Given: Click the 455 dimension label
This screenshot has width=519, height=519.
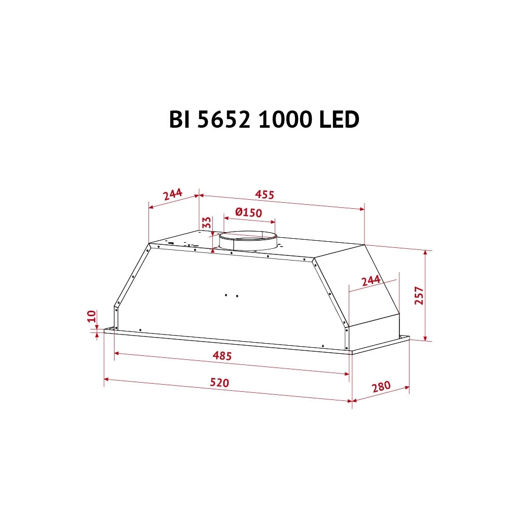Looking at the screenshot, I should pyautogui.click(x=265, y=195).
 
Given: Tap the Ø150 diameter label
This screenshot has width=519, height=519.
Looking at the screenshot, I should pyautogui.click(x=249, y=212).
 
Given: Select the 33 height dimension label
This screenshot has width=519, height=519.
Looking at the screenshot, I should pyautogui.click(x=206, y=223).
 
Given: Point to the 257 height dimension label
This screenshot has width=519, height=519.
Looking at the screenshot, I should pyautogui.click(x=419, y=295).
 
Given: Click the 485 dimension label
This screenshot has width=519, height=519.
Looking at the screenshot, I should pyautogui.click(x=222, y=356).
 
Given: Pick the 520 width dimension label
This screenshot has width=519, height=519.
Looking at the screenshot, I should pyautogui.click(x=219, y=383).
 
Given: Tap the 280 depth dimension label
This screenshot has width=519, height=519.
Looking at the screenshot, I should pyautogui.click(x=381, y=387).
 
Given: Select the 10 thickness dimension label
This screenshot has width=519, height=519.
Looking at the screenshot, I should pyautogui.click(x=92, y=317).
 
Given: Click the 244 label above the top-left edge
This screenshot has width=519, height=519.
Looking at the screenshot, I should pyautogui.click(x=172, y=195).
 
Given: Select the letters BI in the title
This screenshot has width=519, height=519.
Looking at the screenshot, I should pyautogui.click(x=178, y=120).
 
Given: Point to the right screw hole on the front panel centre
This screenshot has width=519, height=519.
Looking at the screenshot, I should pyautogui.click(x=237, y=295).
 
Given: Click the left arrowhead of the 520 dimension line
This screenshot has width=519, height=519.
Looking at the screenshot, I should pyautogui.click(x=106, y=379).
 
